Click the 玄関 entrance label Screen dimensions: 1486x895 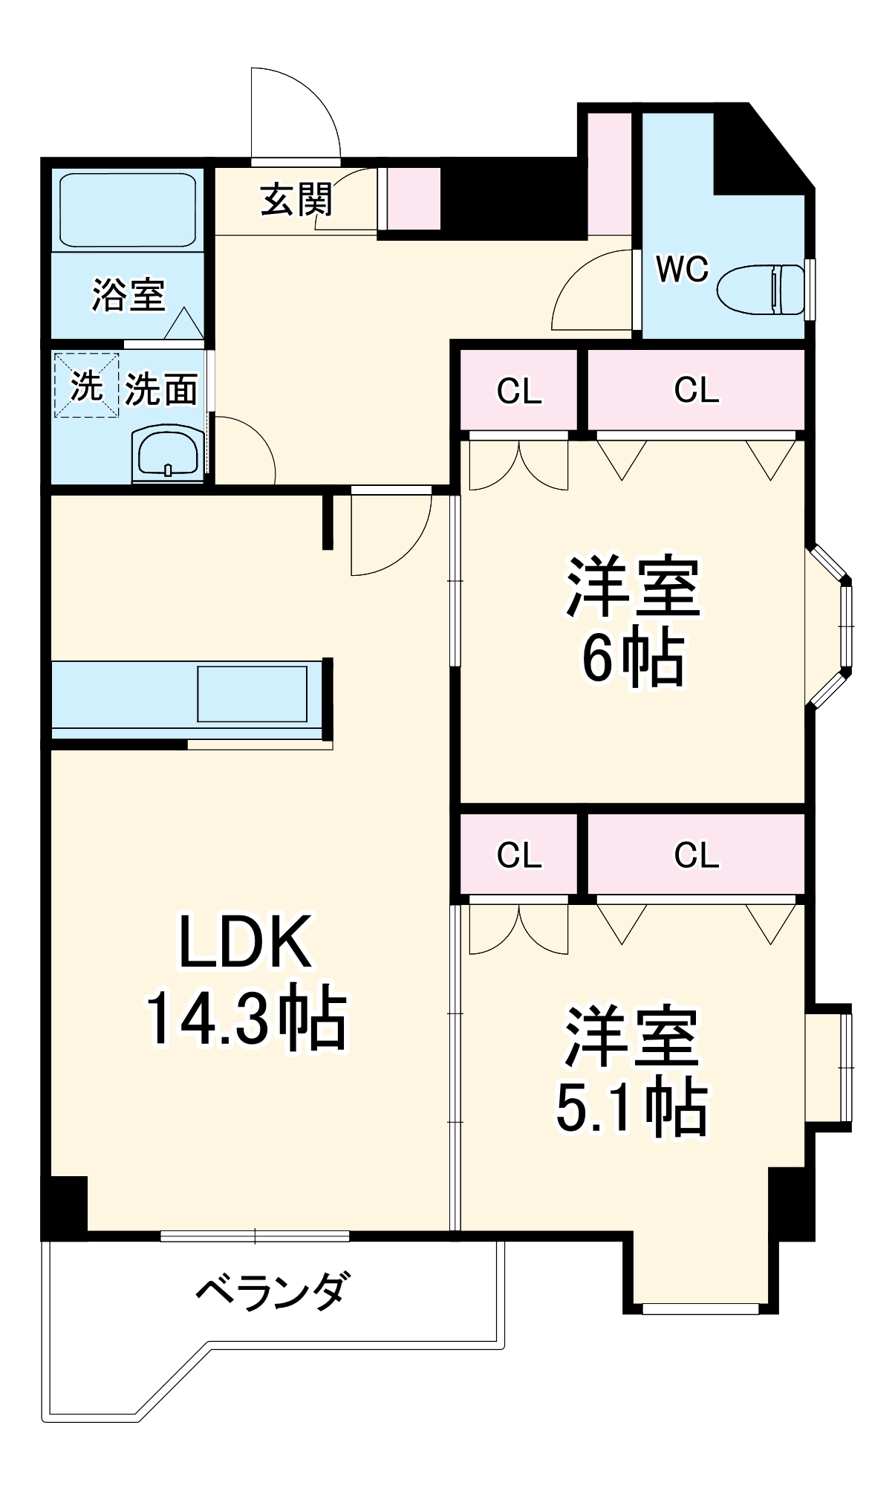coord(296,199)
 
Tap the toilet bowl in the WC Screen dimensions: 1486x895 coord(759,289)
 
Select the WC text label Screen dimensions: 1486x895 coord(682,269)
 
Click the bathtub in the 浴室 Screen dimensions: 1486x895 coord(127,210)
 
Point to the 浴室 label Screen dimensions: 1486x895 coord(128,295)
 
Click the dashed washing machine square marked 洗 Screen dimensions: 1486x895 coord(86,385)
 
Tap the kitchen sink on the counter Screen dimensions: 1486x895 coord(252,694)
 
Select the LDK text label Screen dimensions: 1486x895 coord(244,942)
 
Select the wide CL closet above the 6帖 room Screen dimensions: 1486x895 coord(696,389)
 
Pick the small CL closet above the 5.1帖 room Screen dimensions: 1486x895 coord(518,854)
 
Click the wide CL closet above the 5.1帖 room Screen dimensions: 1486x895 coord(696,854)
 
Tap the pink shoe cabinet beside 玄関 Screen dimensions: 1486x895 coord(414,198)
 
